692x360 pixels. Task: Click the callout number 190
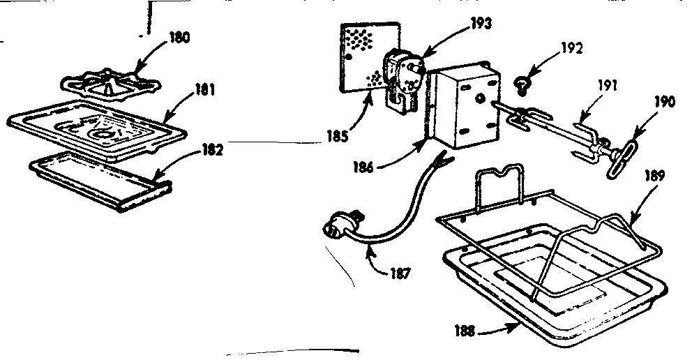click(663, 103)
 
